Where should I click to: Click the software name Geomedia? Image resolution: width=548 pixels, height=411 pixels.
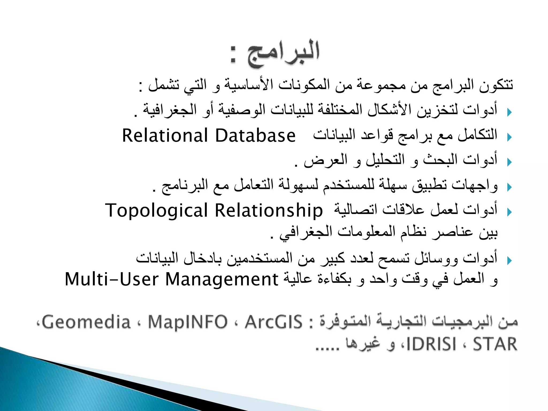pos(86,322)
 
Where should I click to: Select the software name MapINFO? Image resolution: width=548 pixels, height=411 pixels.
pos(188,322)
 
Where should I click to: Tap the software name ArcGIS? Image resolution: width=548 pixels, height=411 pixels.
pos(273,322)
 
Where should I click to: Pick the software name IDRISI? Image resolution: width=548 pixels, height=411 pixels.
pos(431,344)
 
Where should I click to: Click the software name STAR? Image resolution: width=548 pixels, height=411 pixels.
pos(495,344)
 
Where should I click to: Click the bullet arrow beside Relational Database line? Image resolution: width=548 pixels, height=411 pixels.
pos(509,137)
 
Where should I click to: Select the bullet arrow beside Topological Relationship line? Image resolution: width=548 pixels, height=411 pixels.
pos(509,212)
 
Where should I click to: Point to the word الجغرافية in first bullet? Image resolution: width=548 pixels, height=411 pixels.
pos(170,110)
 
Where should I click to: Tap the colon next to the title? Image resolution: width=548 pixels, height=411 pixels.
pos(233,55)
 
